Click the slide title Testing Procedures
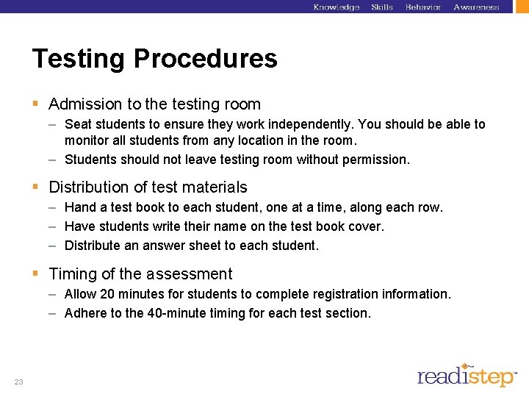coord(155,59)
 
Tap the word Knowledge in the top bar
coord(336,7)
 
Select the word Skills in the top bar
coord(382,7)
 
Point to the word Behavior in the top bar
coord(423,7)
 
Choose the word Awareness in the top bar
coord(476,7)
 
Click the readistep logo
coord(467,374)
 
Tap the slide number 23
coord(18,382)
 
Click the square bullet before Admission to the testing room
coord(36,104)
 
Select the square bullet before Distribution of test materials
coord(36,187)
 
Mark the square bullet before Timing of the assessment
coord(36,274)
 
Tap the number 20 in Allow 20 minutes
coord(107,294)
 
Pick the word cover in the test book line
coord(365,226)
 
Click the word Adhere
coord(84,313)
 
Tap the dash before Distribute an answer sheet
coord(54,246)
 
